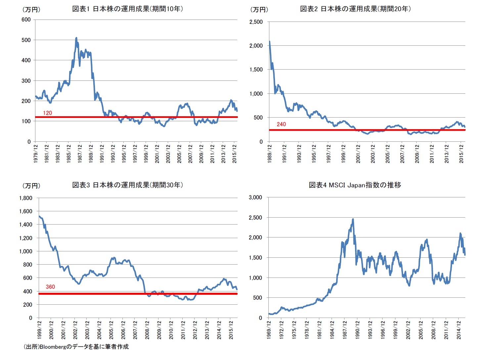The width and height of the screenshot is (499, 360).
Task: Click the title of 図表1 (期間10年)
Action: pyautogui.click(x=127, y=9)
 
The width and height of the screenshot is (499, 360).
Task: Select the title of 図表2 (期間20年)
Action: pyautogui.click(x=355, y=9)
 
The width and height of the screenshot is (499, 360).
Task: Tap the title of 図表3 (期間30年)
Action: pyautogui.click(x=127, y=185)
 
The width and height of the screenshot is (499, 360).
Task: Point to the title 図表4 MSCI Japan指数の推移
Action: pyautogui.click(x=355, y=185)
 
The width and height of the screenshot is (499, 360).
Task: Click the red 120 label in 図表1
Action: pyautogui.click(x=47, y=113)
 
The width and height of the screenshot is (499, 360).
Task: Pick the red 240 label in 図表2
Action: pyautogui.click(x=281, y=124)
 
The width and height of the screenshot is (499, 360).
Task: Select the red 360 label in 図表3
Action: pyautogui.click(x=50, y=287)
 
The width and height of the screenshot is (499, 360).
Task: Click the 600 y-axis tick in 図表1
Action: pyautogui.click(x=26, y=20)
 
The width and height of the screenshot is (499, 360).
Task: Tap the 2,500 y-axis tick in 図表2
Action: pyautogui.click(x=256, y=22)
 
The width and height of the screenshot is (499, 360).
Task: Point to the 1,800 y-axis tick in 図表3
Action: pyautogui.click(x=25, y=198)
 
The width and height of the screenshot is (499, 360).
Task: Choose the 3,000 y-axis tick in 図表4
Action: pyautogui.click(x=255, y=197)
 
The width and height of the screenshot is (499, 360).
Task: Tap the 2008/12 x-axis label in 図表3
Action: pyautogui.click(x=147, y=330)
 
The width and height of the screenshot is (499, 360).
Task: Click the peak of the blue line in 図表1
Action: pyautogui.click(x=76, y=38)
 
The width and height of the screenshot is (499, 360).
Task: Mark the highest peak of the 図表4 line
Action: pyautogui.click(x=353, y=219)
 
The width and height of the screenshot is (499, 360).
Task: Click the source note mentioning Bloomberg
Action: pyautogui.click(x=76, y=347)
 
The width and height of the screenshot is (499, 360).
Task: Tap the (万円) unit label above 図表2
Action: pyautogui.click(x=259, y=10)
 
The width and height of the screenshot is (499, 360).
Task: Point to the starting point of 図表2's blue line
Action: pyautogui.click(x=269, y=41)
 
